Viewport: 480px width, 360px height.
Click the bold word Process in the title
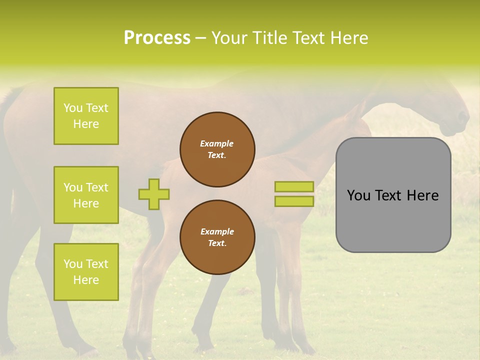click(x=157, y=38)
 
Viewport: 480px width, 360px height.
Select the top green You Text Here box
click(x=86, y=116)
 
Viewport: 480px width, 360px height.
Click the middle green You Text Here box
click(x=86, y=195)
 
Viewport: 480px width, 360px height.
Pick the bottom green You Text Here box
click(x=86, y=271)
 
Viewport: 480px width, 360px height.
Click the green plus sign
click(x=154, y=194)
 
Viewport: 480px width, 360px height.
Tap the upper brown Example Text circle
click(x=217, y=149)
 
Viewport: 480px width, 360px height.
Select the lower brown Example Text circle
click(x=217, y=237)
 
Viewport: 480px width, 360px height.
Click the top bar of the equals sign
click(x=294, y=187)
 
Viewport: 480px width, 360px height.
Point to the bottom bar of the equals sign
click(x=294, y=201)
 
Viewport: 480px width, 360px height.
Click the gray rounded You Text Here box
click(x=393, y=195)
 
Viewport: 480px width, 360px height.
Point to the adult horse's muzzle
click(x=460, y=122)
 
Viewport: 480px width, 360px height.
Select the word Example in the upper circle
click(x=217, y=143)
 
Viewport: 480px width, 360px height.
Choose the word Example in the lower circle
click(x=217, y=231)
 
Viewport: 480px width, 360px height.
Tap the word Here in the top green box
click(x=86, y=124)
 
